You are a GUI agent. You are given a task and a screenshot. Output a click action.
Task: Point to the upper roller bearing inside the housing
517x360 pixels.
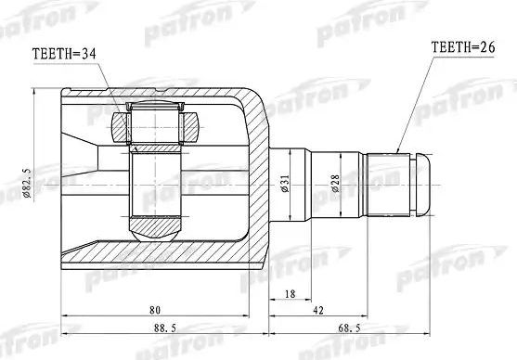[x=155, y=122]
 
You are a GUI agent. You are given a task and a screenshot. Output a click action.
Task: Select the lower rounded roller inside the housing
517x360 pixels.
[x=155, y=225]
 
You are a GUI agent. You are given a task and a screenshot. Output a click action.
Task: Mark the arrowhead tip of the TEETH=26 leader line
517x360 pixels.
[x=396, y=151]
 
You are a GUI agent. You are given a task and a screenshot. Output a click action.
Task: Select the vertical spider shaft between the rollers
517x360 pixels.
[x=155, y=181]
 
